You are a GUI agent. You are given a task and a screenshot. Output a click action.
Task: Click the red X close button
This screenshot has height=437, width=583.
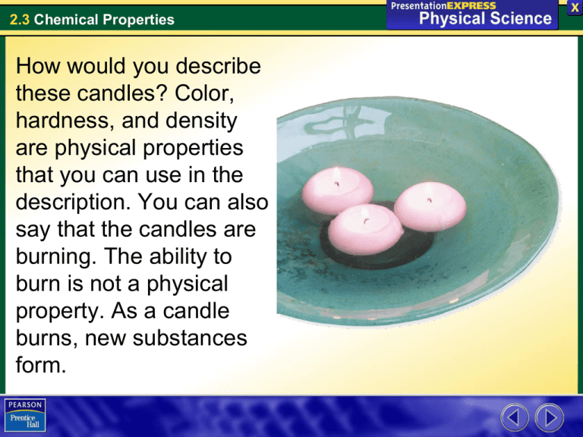pos(574,8)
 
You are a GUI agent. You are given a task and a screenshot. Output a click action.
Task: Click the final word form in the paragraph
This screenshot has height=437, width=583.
pos(36,364)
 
